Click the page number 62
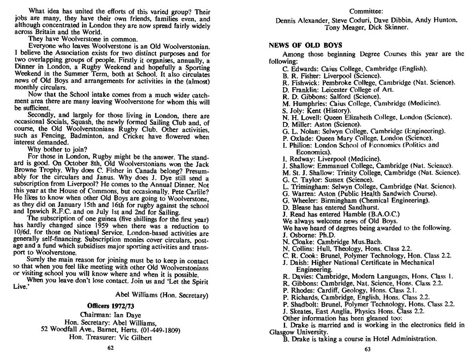click(111, 347)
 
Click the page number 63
click(367, 350)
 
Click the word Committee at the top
click(367, 10)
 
